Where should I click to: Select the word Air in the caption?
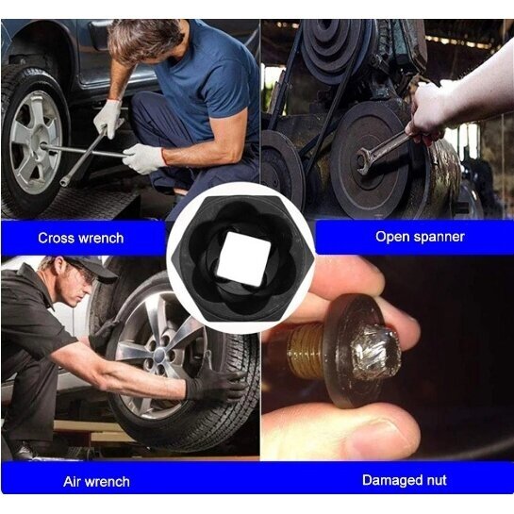point(71,482)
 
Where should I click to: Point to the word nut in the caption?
point(435,481)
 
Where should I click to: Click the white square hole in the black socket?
point(244,259)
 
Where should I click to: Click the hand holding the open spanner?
point(427,111)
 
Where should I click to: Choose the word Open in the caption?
point(390,237)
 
